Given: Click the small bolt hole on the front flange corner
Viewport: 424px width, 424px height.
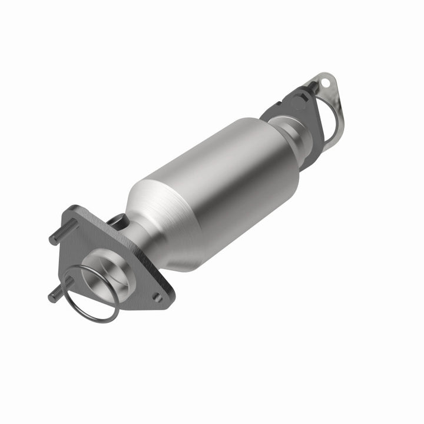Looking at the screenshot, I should coord(157,297).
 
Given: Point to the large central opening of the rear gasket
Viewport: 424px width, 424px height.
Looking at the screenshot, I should coord(330,121).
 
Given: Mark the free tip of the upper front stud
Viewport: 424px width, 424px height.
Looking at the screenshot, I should coord(52,240).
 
